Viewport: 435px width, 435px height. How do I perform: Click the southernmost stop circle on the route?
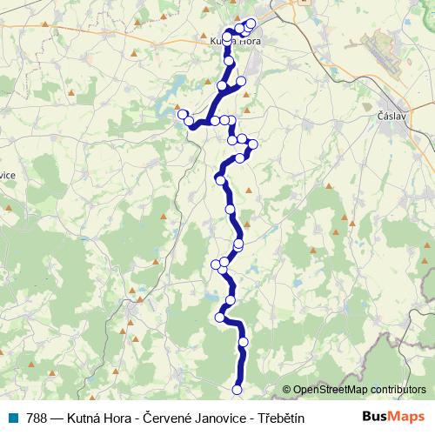[x=237, y=389]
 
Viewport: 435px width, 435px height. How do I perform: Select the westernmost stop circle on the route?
[x=183, y=114]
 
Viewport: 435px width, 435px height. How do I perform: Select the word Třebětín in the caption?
[x=276, y=418]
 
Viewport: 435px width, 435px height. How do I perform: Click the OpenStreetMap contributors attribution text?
[x=359, y=390]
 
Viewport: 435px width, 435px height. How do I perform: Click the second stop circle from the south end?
[x=243, y=342]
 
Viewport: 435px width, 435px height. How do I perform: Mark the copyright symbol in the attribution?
[x=287, y=390]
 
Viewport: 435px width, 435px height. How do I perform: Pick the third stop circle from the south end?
[x=221, y=318]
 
